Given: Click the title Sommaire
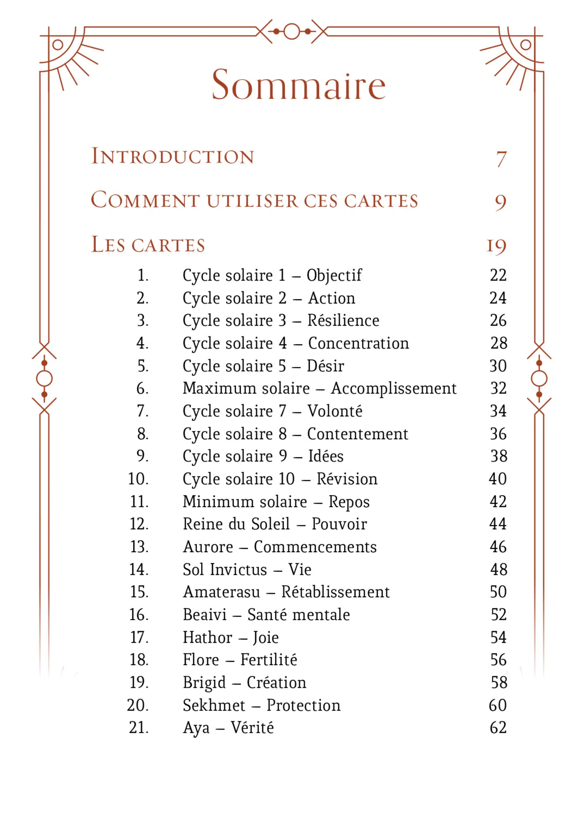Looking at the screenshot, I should [x=298, y=85].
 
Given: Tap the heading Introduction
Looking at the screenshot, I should [x=172, y=156].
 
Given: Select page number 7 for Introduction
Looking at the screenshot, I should [x=501, y=159].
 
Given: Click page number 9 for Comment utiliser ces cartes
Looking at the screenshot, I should [x=500, y=202].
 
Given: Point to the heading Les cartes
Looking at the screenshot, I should [x=148, y=245].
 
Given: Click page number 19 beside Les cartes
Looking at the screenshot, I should [x=496, y=246].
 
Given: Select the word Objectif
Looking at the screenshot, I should [x=334, y=275].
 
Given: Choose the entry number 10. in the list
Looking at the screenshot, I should [x=138, y=479].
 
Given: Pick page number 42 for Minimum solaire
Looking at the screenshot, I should [x=498, y=501].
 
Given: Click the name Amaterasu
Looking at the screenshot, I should [x=222, y=592].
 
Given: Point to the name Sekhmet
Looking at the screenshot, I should [x=214, y=706].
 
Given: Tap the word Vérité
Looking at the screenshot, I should [x=252, y=728].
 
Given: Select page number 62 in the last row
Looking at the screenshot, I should [x=498, y=728].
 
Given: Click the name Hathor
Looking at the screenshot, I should [x=208, y=638].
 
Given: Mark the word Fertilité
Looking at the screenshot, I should [x=268, y=660].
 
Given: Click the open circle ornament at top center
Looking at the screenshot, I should [x=291, y=31].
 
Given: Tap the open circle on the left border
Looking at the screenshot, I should [x=44, y=379].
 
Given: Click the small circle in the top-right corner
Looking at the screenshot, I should [x=526, y=45].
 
